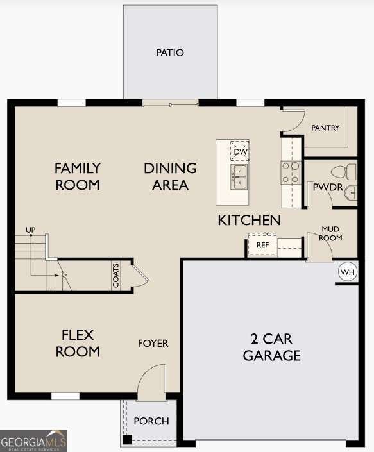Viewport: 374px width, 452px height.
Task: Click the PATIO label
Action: click(170, 53)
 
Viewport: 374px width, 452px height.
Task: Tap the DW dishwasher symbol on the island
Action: click(240, 151)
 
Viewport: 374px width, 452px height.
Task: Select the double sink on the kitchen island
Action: click(240, 178)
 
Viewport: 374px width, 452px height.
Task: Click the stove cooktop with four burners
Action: click(291, 172)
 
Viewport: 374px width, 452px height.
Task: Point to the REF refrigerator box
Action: click(262, 245)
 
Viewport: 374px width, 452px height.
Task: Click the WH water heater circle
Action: click(347, 272)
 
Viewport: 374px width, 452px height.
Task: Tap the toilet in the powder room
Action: click(343, 171)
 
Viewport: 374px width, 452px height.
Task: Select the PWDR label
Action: click(324, 188)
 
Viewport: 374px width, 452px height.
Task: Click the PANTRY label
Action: click(325, 128)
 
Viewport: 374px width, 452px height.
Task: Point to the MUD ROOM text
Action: click(331, 233)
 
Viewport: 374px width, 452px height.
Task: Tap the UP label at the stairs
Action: click(30, 229)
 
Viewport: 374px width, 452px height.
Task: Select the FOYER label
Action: click(153, 344)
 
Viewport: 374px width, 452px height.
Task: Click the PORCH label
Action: click(151, 421)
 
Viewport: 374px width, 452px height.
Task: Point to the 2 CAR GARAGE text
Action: click(271, 347)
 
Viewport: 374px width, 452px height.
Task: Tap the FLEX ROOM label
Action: click(78, 343)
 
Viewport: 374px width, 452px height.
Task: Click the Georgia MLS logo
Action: click(33, 441)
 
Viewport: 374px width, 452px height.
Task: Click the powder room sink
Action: click(350, 192)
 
